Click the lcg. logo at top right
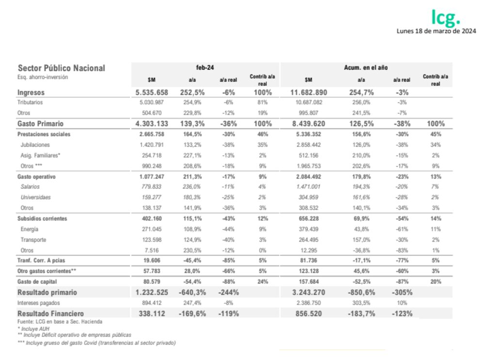446,18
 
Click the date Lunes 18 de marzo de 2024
436,32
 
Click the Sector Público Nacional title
61,68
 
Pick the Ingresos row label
32,92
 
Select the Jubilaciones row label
35,145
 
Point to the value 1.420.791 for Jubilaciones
152,145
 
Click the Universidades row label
35,197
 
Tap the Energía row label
30,229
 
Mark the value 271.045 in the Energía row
152,229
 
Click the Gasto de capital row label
37,282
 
